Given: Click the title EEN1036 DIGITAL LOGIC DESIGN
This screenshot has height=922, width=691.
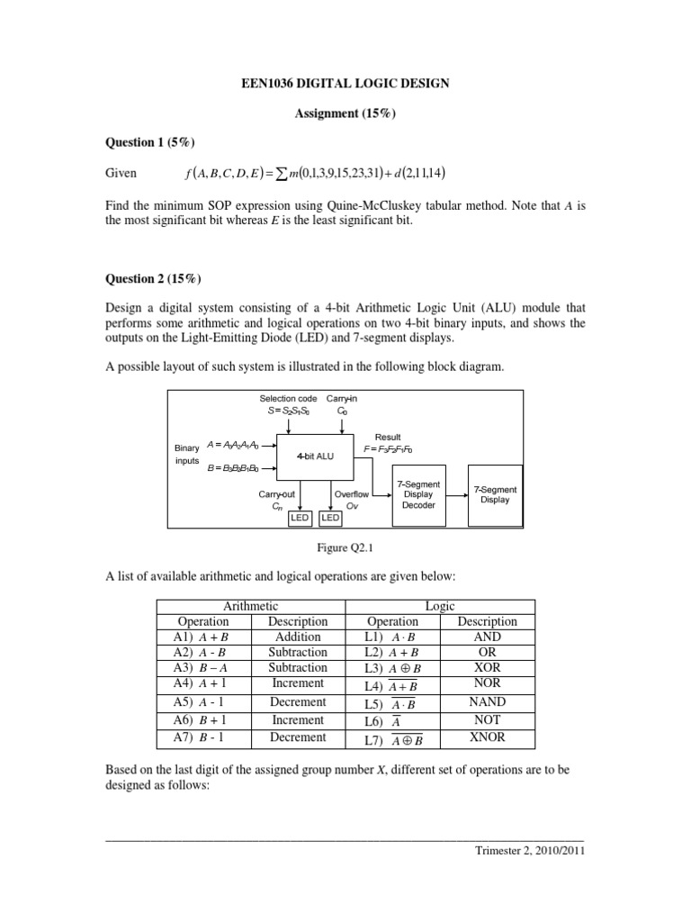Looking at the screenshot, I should tap(345, 84).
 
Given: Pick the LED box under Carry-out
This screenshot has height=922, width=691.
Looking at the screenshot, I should tap(300, 518).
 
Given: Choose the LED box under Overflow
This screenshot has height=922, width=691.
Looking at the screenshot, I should tap(330, 518).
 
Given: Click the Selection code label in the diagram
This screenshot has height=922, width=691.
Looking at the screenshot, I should tap(288, 398).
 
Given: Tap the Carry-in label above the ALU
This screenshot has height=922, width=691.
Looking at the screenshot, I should tap(341, 398).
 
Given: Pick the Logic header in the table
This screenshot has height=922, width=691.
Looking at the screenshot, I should tap(442, 607).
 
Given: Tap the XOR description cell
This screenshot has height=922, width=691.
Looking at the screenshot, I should tap(487, 668).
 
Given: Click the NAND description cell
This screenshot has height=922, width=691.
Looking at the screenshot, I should tap(487, 702).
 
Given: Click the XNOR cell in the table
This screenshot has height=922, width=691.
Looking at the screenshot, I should tap(487, 737).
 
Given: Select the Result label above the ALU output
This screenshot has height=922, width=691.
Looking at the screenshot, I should tap(388, 437).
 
